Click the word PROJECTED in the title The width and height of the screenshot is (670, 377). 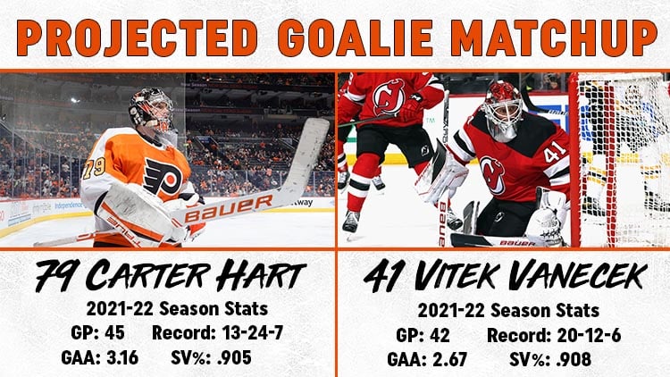coord(138,38)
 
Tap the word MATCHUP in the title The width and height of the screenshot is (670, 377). coord(553,38)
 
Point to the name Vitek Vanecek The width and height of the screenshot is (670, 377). coord(530,276)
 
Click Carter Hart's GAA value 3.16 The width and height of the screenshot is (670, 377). coord(122,357)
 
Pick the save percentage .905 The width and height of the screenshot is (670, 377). coord(234,357)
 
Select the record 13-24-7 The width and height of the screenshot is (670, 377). coord(253,332)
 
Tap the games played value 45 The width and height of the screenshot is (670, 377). coord(114,332)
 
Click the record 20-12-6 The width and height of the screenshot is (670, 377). coord(589,336)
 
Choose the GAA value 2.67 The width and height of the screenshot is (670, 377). coord(448,359)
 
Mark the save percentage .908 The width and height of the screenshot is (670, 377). coord(574,359)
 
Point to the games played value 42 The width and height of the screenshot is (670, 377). coord(440,336)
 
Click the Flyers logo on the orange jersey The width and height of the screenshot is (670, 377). coord(163,176)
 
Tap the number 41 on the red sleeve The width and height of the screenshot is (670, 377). coord(554,154)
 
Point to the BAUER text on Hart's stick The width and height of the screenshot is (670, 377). coord(229,208)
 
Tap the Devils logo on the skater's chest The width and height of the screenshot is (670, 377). coord(389,97)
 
